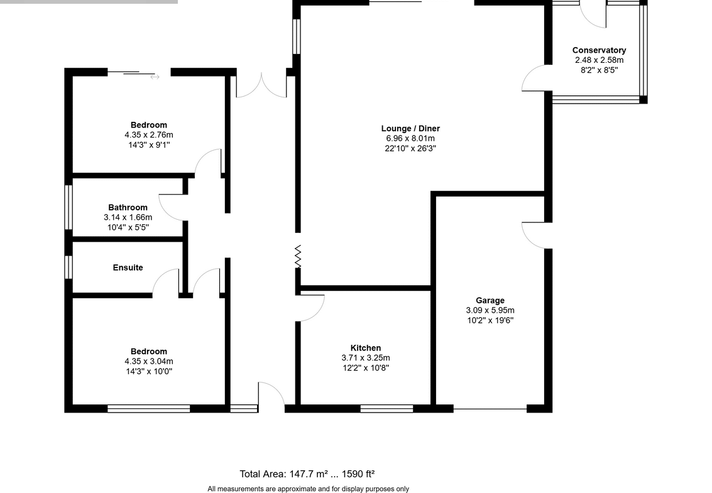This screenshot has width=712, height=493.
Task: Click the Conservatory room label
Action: (x=599, y=50)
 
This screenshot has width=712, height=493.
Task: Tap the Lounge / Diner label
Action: (x=410, y=129)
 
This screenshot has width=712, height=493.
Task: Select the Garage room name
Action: (x=490, y=301)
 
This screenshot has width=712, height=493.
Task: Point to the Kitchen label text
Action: (x=366, y=348)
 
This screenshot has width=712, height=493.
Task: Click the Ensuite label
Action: (x=128, y=268)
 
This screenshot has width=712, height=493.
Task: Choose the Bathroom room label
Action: (x=128, y=207)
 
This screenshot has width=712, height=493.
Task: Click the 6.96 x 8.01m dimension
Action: (x=410, y=138)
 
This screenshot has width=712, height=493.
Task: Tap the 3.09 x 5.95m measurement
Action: (x=490, y=310)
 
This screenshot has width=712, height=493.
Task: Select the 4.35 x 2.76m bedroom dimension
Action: (x=149, y=135)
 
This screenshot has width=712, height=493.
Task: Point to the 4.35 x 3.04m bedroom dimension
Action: (x=149, y=361)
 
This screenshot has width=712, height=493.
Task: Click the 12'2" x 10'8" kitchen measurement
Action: (x=366, y=367)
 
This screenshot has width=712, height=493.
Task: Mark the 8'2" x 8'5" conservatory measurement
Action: (x=600, y=70)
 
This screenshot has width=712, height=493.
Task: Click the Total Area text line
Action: (x=307, y=474)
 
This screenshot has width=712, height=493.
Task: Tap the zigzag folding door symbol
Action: (x=298, y=256)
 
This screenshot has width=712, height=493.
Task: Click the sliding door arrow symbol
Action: (x=155, y=77)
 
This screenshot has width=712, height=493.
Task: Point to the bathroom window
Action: (x=68, y=207)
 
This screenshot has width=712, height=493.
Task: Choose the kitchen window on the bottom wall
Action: (x=387, y=409)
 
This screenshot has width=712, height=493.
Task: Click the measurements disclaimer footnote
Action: (x=309, y=489)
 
